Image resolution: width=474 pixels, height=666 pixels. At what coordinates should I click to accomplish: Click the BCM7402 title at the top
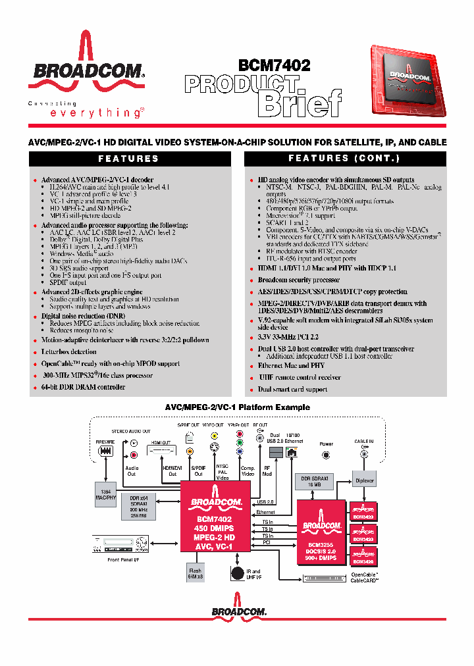[x=274, y=65]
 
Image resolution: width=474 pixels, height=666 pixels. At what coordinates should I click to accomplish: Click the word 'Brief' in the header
[x=300, y=103]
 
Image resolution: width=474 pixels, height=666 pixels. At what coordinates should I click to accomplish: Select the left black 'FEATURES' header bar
[x=129, y=159]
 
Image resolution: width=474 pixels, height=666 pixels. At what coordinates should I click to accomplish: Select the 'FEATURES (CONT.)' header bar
[x=344, y=159]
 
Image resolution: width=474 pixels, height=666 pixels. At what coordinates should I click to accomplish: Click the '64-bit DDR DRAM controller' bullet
[x=83, y=387]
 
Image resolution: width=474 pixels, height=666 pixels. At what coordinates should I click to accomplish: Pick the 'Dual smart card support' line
[x=292, y=389]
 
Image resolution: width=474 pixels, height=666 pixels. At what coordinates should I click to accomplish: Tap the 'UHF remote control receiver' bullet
[x=300, y=377]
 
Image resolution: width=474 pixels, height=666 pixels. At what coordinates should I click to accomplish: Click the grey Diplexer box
[x=364, y=480]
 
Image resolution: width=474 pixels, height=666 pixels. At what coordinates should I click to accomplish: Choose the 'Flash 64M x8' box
[x=195, y=573]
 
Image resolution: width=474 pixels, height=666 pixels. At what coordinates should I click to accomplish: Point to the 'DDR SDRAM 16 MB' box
[x=313, y=481]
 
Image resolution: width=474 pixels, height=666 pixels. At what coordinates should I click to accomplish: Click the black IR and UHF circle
[x=237, y=574]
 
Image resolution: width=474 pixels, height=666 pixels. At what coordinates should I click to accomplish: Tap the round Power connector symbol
[x=326, y=455]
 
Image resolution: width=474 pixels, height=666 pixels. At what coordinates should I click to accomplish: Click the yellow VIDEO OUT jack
[x=214, y=435]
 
